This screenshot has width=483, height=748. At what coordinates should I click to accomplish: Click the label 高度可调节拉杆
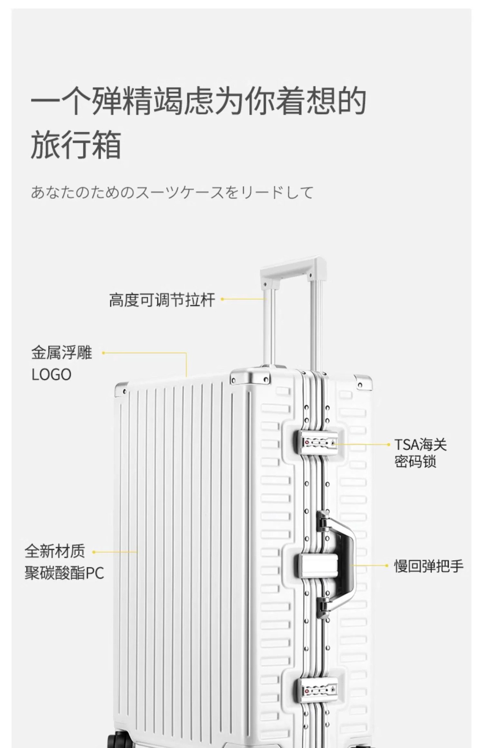[162, 300]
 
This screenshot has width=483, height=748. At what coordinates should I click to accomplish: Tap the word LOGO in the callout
[51, 375]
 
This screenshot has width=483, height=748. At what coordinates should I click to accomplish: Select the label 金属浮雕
[62, 353]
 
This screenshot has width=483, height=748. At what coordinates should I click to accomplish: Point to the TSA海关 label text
[420, 445]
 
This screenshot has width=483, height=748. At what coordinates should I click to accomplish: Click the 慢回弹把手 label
[428, 566]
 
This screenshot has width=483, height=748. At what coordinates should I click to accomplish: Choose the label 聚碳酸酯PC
[65, 573]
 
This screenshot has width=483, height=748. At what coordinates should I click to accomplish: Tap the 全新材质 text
[55, 551]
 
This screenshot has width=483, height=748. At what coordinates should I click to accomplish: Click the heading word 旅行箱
[76, 145]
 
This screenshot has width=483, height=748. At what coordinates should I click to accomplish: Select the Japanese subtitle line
[172, 192]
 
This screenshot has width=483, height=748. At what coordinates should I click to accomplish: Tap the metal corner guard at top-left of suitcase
[121, 388]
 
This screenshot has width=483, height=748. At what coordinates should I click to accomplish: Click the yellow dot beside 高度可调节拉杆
[222, 299]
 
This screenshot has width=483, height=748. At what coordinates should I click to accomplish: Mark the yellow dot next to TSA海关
[388, 444]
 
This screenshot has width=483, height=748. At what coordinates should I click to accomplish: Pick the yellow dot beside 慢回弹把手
[386, 566]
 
